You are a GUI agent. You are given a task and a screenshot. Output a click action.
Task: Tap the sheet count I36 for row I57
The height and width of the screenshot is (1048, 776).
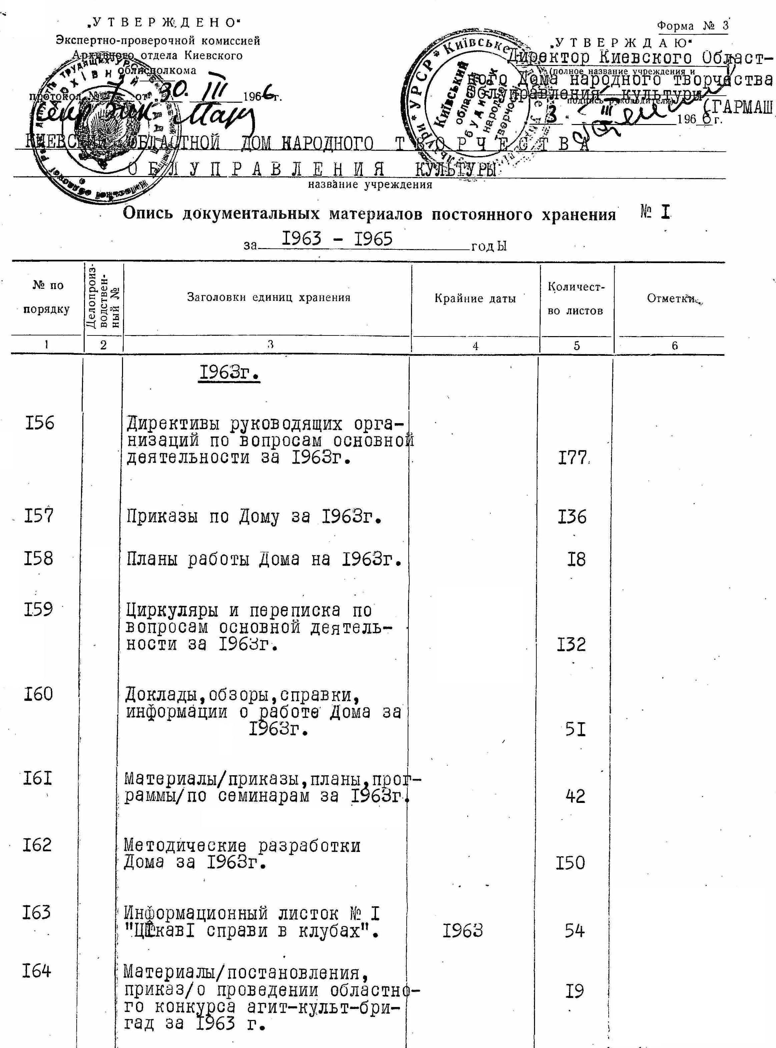click(572, 517)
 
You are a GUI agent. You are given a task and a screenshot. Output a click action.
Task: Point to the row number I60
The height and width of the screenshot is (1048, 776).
click(39, 694)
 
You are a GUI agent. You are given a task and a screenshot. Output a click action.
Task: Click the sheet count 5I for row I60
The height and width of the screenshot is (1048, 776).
click(575, 729)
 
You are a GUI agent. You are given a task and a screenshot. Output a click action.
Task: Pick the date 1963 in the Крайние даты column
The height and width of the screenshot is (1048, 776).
click(463, 930)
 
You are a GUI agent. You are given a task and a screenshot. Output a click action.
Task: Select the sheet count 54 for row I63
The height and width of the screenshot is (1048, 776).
click(574, 930)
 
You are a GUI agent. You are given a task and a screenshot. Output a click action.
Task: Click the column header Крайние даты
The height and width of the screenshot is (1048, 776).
click(475, 298)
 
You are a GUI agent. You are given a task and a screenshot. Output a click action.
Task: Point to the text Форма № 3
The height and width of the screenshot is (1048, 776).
click(693, 25)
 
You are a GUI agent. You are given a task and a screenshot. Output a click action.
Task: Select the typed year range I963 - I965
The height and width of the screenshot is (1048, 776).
click(336, 239)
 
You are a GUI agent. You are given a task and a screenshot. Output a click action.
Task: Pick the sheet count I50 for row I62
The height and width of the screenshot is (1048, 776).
click(570, 863)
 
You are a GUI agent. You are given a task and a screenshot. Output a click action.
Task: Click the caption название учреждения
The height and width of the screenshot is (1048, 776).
click(370, 185)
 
